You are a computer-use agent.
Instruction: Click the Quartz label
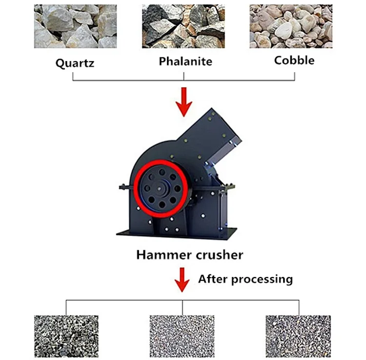coord(75,63)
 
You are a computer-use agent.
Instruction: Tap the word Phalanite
coord(185,61)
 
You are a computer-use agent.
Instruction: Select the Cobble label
coord(294,60)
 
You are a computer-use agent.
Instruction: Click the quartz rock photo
coord(76,26)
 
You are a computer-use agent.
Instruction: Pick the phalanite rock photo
coord(183,26)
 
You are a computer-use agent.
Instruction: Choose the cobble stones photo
coord(291,26)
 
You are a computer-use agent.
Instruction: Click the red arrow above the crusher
coord(184,101)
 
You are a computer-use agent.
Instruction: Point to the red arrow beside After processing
coord(183,279)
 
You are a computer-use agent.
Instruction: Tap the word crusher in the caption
coord(218,254)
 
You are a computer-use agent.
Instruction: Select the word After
coord(213,280)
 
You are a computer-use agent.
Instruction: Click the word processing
coord(263,280)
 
